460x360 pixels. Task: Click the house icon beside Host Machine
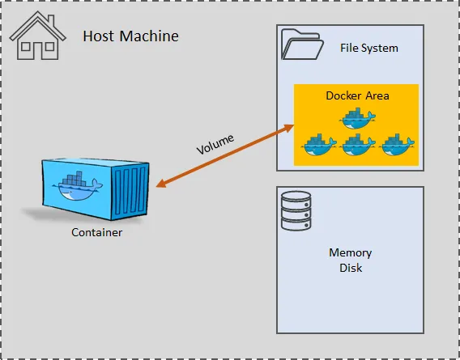[x=37, y=36]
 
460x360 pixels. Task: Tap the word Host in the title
[x=99, y=36]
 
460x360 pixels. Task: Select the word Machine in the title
[x=149, y=36]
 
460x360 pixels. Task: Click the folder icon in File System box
[x=302, y=44]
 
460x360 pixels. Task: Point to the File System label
[x=369, y=48]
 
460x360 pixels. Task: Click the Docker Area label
[x=357, y=95]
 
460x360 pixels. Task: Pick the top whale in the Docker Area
[x=357, y=118]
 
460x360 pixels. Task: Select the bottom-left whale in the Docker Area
[x=318, y=145]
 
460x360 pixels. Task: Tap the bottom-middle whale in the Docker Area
[x=357, y=145]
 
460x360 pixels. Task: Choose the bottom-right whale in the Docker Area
[x=397, y=145]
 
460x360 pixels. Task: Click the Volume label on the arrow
[x=215, y=144]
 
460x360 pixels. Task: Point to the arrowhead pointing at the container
[x=162, y=183]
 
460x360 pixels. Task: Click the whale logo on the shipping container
[x=78, y=186]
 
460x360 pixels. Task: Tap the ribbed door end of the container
[x=130, y=192]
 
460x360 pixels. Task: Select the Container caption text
[x=97, y=232]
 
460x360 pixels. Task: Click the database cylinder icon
[x=296, y=210]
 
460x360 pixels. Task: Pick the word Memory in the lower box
[x=351, y=252]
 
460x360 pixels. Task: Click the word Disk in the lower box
[x=351, y=268]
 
